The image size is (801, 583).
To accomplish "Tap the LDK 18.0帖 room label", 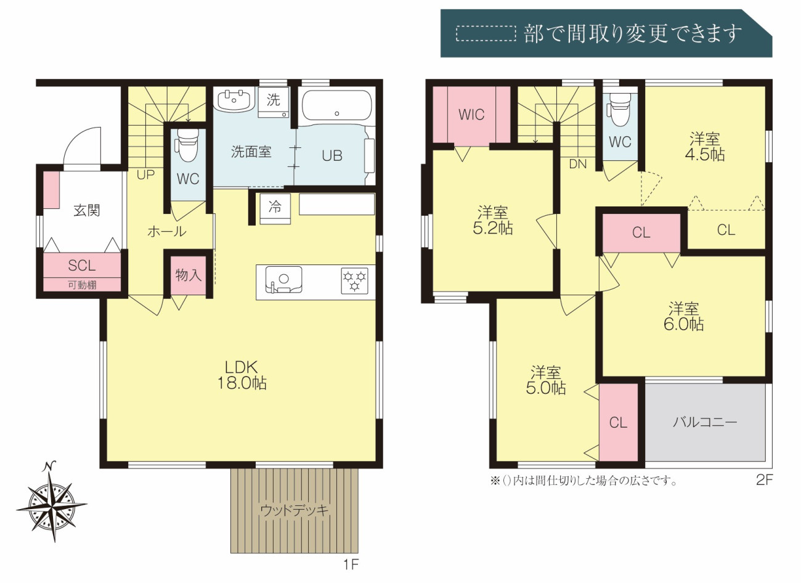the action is tap(242, 375).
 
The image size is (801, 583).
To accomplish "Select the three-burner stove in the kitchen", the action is tap(354, 281).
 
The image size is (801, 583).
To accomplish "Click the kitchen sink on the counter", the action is tap(283, 280).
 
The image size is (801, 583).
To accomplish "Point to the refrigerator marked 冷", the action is tap(275, 209).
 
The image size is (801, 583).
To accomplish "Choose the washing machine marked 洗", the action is tap(274, 102).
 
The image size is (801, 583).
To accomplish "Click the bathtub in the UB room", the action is tap(336, 105).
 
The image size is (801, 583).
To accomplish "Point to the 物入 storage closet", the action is tap(189, 275).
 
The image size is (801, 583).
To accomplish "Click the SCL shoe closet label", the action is tap(82, 266).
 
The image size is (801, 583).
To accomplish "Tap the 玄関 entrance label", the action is tap(86, 210).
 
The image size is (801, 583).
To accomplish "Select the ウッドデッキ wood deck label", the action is tap(295, 510).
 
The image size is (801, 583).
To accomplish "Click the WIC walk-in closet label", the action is tap(471, 115).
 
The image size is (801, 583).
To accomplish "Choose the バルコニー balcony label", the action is tap(705, 422).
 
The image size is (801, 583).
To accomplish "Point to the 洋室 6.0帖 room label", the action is tap(684, 317).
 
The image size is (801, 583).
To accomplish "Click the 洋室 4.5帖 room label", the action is tap(704, 147).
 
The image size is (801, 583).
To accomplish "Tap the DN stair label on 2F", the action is tap(578, 164).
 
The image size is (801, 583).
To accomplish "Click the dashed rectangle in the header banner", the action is tap(486, 33).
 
